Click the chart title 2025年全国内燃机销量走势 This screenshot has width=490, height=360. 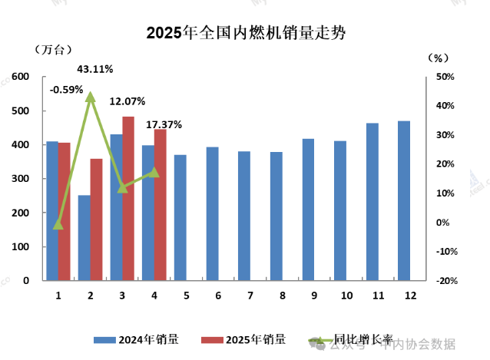click(x=246, y=33)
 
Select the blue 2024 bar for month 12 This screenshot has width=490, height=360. click(x=404, y=201)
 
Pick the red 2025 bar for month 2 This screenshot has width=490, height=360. click(x=96, y=220)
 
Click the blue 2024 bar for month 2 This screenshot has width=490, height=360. click(x=84, y=238)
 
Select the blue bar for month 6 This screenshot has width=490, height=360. click(x=212, y=213)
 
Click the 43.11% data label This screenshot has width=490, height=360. click(x=94, y=69)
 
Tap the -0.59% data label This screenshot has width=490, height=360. click(x=67, y=90)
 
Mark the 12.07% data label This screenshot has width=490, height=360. click(x=127, y=101)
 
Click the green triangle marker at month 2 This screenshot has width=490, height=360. click(x=90, y=97)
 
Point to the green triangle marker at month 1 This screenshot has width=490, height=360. click(x=58, y=224)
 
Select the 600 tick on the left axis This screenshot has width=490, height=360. click(x=20, y=77)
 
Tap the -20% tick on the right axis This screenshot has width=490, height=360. click(x=446, y=281)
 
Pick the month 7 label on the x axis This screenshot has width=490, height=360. click(x=250, y=296)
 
